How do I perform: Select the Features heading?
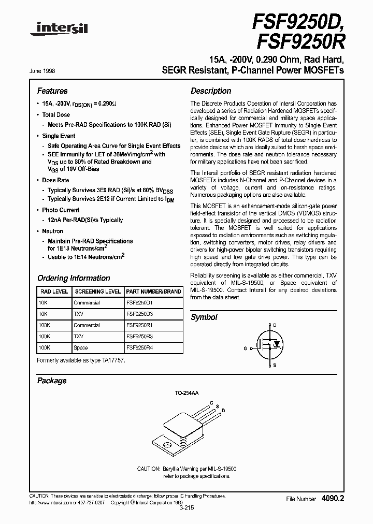pyautogui.click(x=52, y=91)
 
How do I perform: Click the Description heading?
pyautogui.click(x=211, y=91)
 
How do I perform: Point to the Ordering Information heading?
pyautogui.click(x=74, y=278)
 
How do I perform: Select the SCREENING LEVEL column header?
pyautogui.click(x=97, y=292)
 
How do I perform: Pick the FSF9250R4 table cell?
pyautogui.click(x=140, y=348)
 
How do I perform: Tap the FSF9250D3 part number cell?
pyautogui.click(x=140, y=314)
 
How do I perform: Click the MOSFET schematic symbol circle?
pyautogui.click(x=271, y=342)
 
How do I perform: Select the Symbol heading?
pyautogui.click(x=204, y=317)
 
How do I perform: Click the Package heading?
pyautogui.click(x=52, y=381)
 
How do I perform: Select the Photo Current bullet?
pyautogui.click(x=61, y=210)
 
